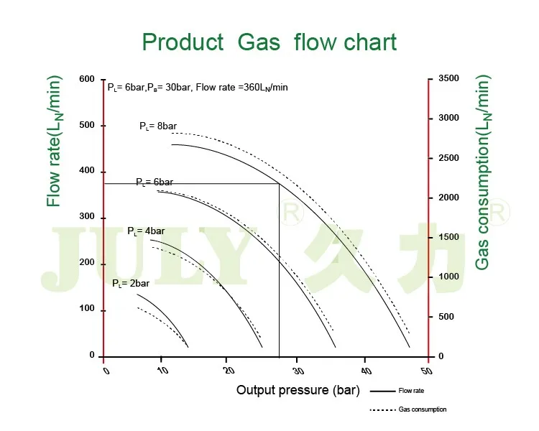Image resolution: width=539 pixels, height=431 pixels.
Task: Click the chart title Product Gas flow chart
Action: tap(269, 42)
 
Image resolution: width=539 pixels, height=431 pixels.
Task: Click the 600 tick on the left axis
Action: tap(87, 78)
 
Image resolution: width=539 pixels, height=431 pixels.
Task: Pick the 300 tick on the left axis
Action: tap(87, 217)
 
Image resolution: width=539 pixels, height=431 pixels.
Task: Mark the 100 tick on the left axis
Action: tap(87, 309)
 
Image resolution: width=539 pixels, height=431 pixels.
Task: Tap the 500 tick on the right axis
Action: tap(446, 316)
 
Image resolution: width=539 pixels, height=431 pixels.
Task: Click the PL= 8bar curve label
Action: tap(157, 126)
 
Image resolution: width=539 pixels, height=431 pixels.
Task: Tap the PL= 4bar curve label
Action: tap(146, 231)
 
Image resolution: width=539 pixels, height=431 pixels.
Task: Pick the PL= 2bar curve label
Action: tap(130, 284)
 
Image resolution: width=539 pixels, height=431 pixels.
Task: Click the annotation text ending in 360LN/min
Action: tap(198, 88)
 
